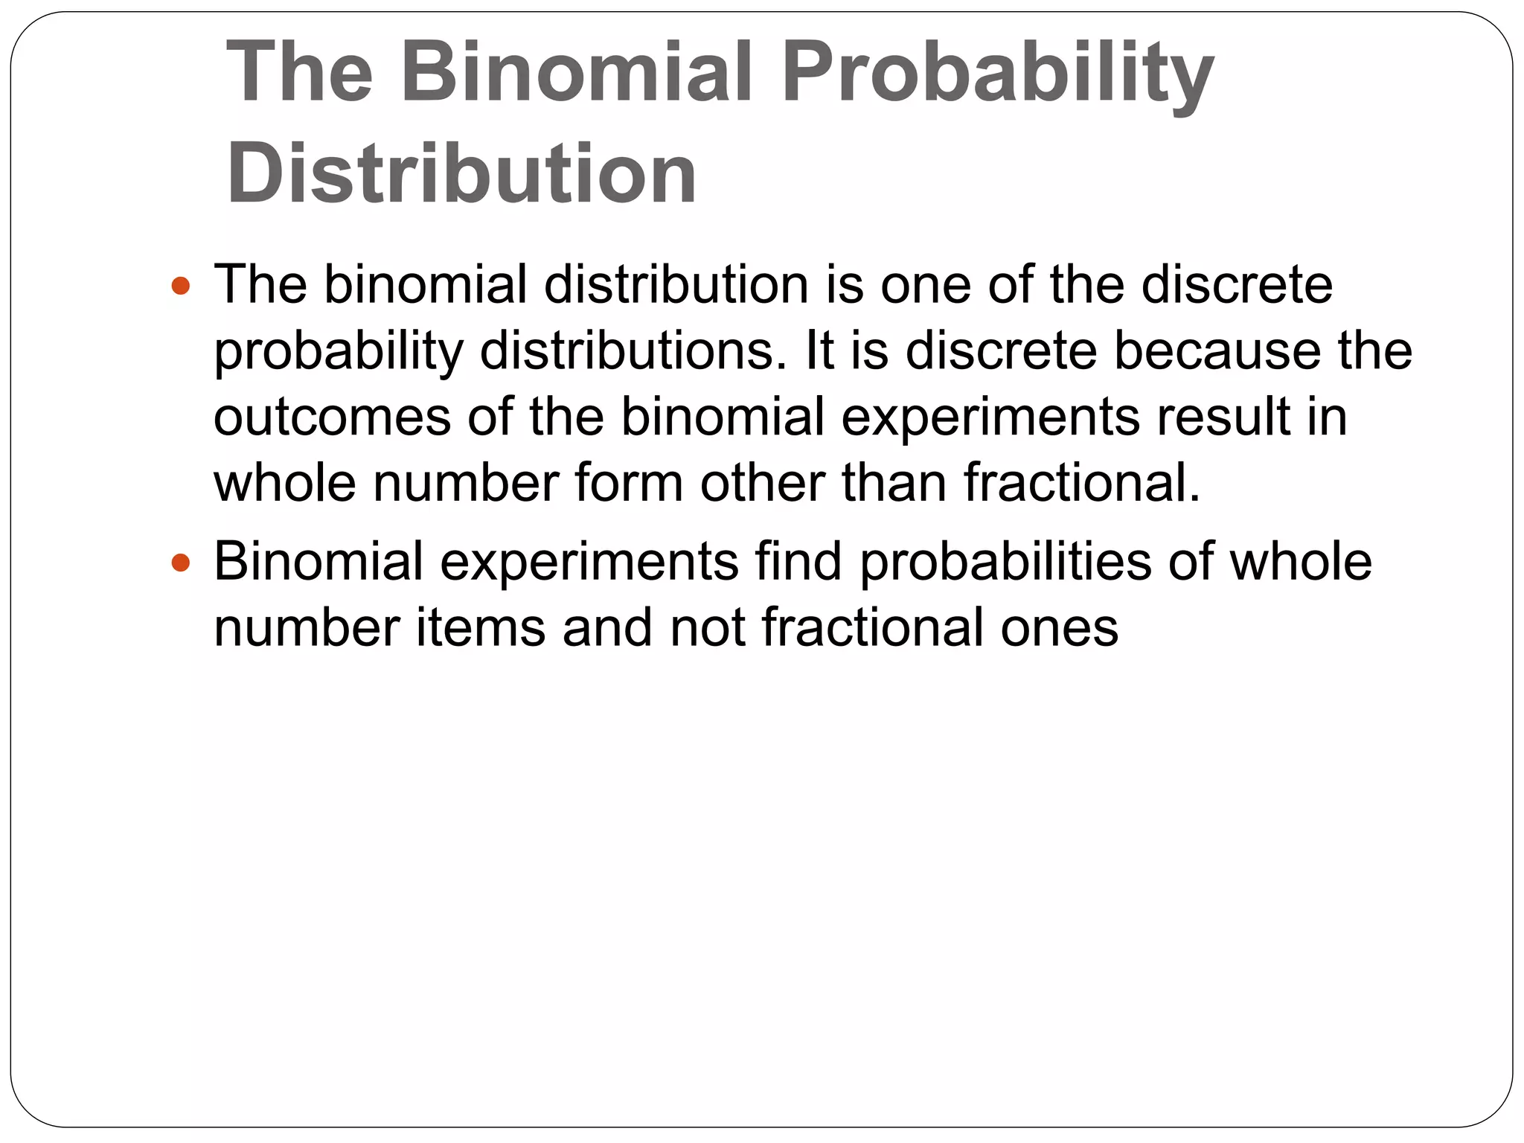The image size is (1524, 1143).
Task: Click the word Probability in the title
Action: [997, 73]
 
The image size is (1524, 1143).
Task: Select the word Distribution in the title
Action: [461, 174]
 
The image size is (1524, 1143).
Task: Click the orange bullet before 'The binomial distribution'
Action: [181, 286]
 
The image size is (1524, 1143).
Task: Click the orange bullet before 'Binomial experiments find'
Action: [181, 563]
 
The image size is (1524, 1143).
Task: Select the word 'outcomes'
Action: [332, 417]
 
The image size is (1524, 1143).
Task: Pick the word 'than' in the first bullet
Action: [894, 483]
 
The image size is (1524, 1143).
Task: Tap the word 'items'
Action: [480, 627]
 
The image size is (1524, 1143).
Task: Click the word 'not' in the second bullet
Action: [707, 627]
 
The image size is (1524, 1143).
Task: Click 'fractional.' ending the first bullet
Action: [1082, 483]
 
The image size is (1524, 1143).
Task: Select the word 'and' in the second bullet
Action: [607, 627]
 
